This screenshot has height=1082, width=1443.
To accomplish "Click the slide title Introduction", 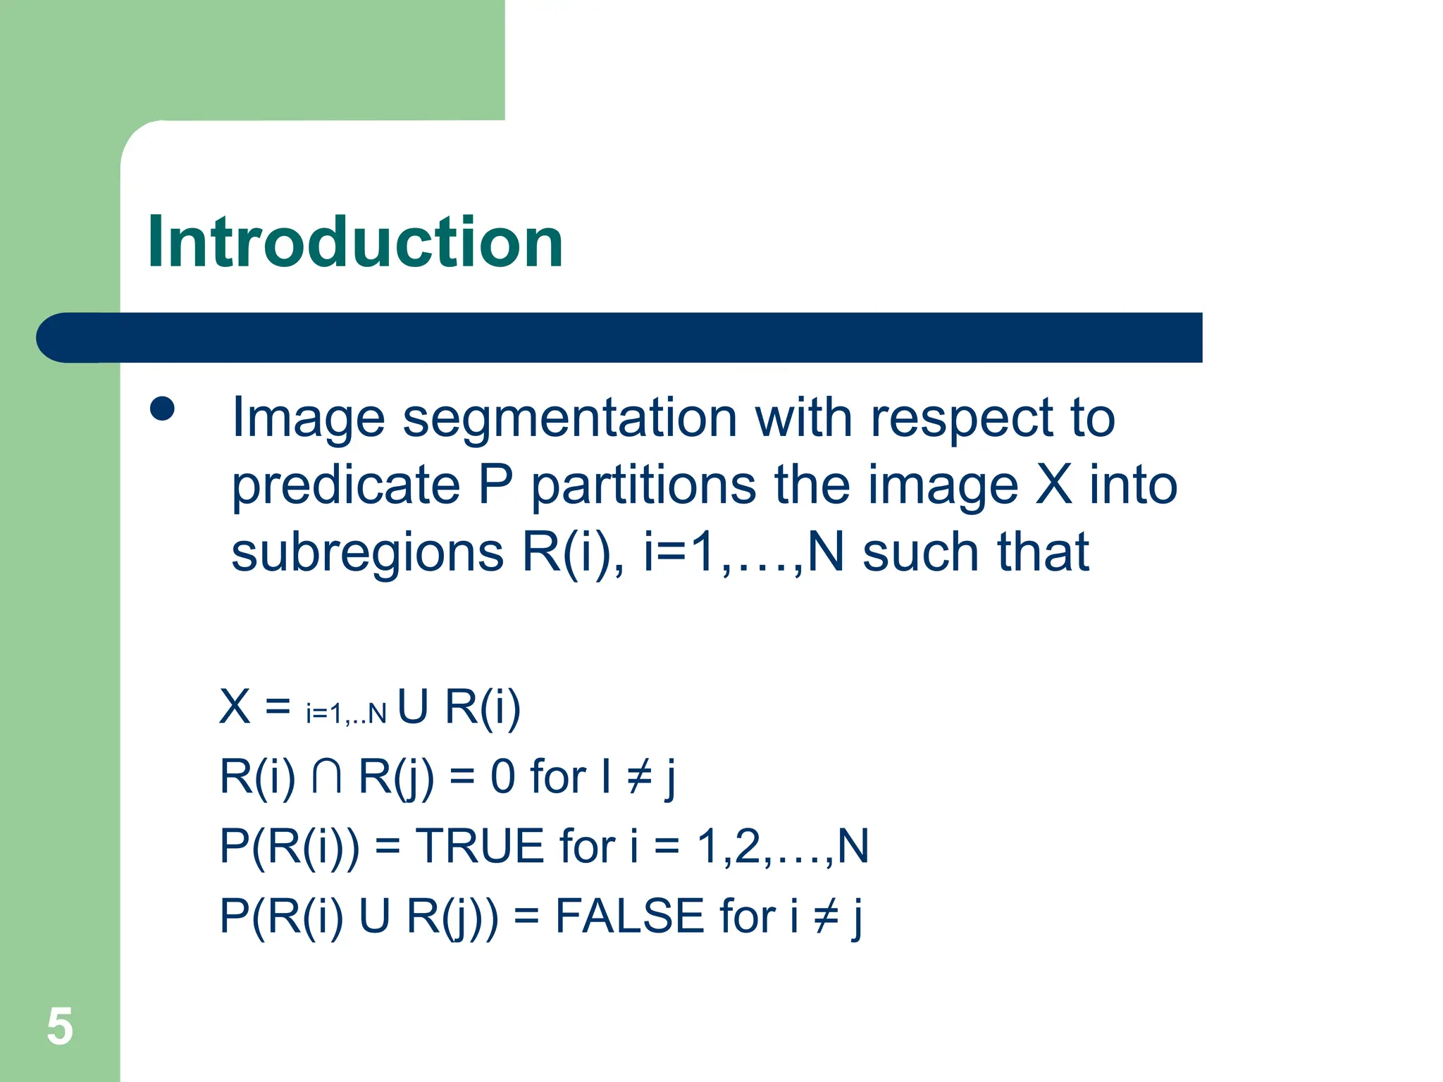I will [355, 243].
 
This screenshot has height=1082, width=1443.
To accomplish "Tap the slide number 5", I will [60, 1026].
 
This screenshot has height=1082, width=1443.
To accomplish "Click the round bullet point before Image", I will [162, 409].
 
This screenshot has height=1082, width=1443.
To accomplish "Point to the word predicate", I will [346, 486].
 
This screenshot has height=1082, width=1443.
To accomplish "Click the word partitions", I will [643, 486].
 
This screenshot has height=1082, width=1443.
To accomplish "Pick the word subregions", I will [367, 552].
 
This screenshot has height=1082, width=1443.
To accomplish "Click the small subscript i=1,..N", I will [346, 714].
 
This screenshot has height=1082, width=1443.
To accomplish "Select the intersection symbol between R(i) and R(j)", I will [327, 776].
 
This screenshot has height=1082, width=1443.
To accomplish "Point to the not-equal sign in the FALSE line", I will [826, 917].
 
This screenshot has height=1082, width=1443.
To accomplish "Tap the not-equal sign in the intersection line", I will [640, 778].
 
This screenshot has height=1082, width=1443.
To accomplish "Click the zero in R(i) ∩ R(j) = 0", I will [502, 777].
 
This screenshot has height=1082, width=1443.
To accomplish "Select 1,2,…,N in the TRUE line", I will [782, 846].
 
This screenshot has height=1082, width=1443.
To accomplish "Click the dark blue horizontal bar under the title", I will [620, 337].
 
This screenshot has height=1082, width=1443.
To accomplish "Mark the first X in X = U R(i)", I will [235, 707].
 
